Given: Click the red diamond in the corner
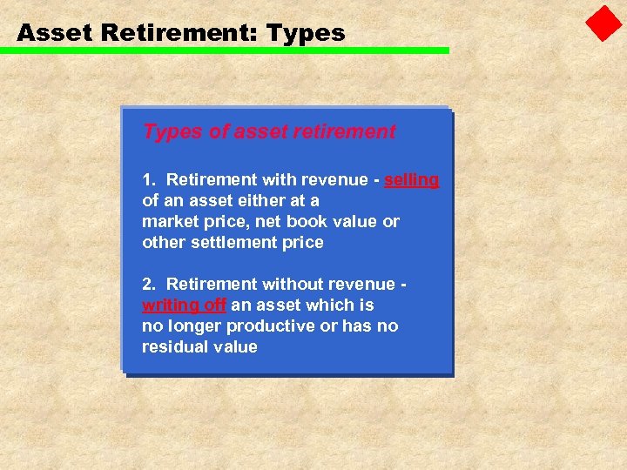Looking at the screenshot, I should tap(603, 23).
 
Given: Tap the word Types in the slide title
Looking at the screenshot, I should tap(306, 34).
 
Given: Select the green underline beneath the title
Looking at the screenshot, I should tap(225, 50).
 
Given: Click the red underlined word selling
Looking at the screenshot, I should tap(410, 180).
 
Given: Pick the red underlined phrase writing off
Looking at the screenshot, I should tap(184, 305).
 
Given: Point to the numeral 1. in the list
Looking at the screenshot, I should tap(150, 180).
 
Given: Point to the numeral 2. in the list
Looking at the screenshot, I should tap(150, 285).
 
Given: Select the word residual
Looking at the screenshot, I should tap(172, 347).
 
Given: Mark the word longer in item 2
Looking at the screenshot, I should tap(195, 326).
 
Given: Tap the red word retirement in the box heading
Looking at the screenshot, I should tap(343, 131).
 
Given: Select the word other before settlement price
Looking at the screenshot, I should tap(163, 243).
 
